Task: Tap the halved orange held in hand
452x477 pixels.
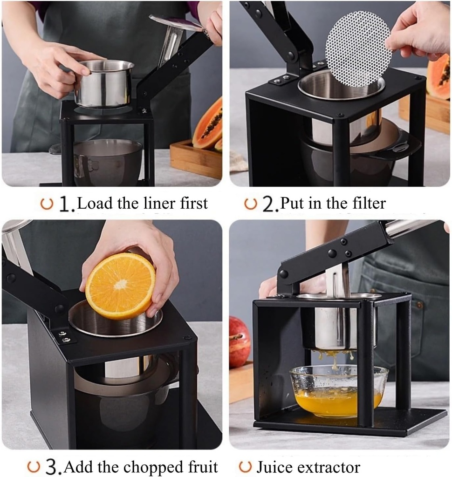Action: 120,286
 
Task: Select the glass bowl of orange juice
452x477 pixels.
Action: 339,390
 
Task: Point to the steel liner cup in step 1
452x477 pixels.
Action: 104,84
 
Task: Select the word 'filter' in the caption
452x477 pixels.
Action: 369,203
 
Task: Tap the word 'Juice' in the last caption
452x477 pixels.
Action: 275,467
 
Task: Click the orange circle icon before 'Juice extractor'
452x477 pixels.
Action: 245,466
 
